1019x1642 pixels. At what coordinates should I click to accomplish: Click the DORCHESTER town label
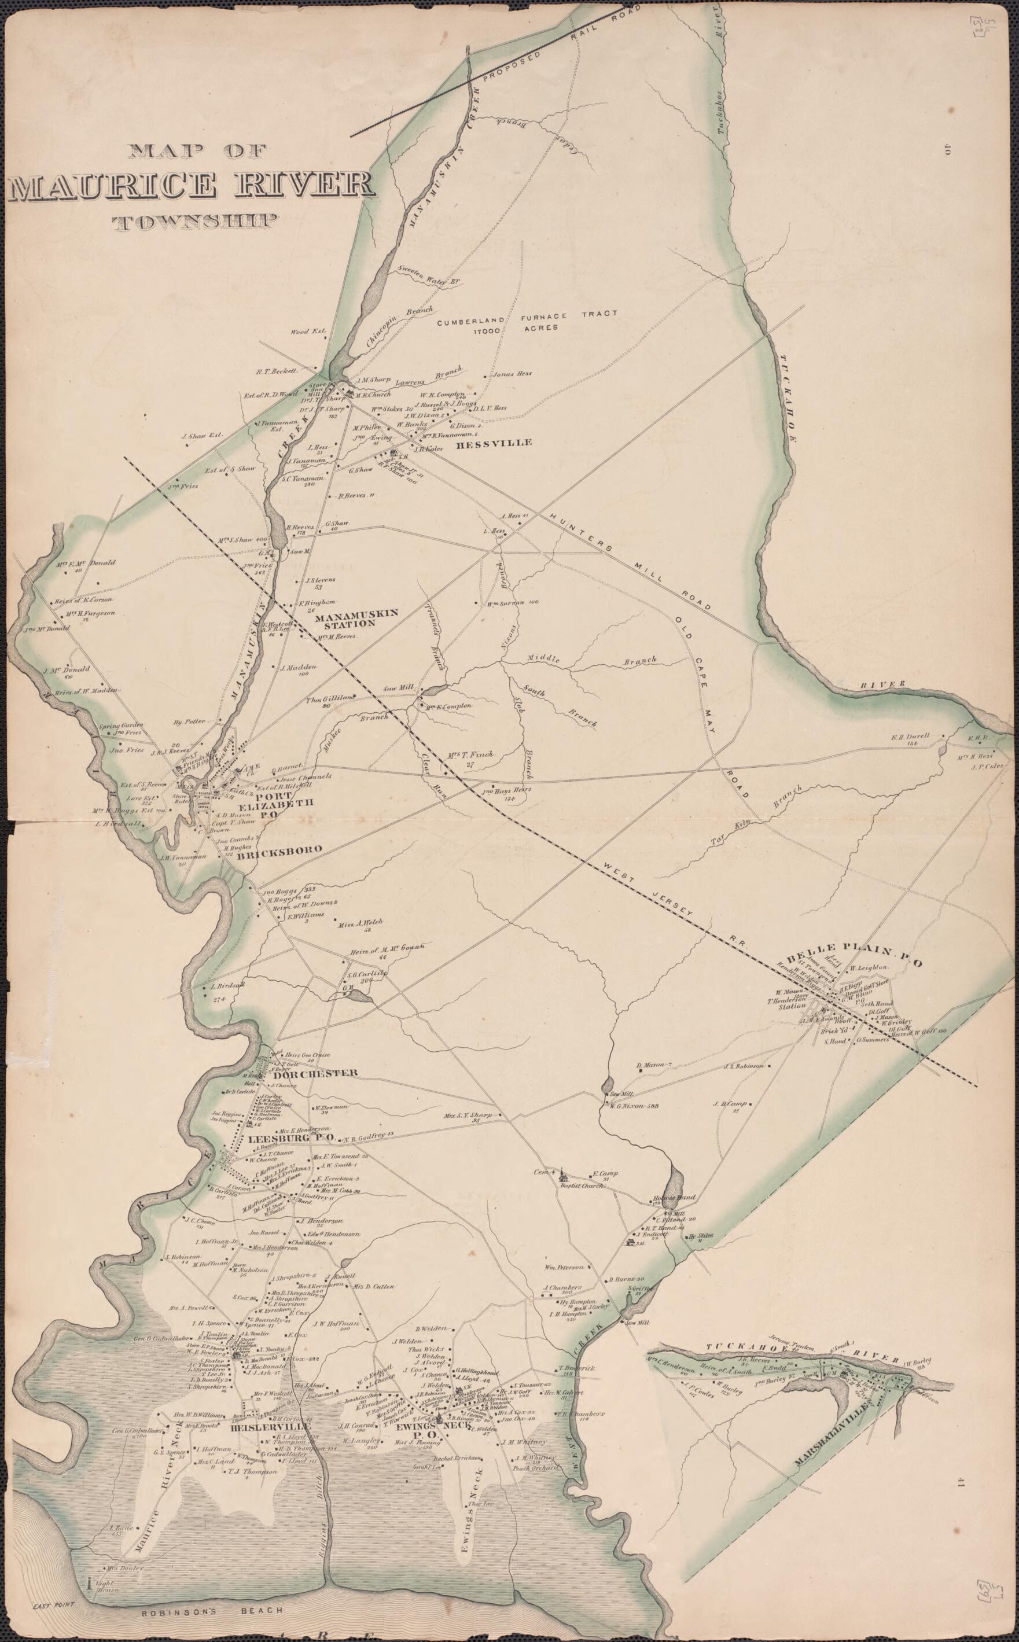(314, 1073)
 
